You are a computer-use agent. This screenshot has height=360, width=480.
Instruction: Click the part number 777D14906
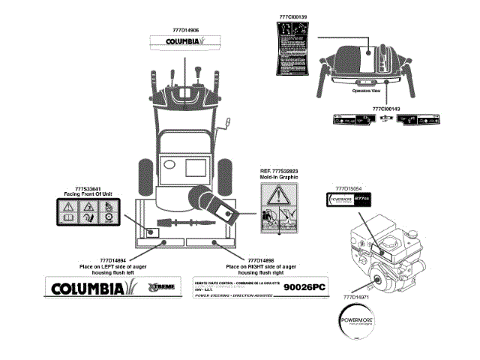[x=184, y=29]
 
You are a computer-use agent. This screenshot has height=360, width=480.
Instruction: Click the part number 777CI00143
[x=386, y=109]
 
